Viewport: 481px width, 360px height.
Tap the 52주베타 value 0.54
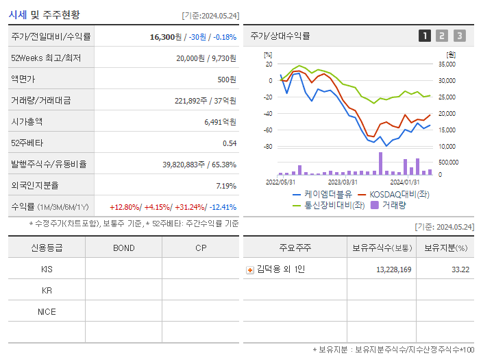[229, 143]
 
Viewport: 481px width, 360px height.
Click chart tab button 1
[425, 36]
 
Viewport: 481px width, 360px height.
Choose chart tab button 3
[459, 36]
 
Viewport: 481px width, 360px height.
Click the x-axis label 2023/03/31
[343, 182]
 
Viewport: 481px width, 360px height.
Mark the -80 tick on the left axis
[268, 147]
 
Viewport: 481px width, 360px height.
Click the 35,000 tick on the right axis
[446, 64]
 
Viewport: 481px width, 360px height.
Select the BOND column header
[123, 248]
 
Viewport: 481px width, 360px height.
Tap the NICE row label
[47, 311]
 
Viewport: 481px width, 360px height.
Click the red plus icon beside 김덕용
[250, 269]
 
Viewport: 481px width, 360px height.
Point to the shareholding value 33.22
[460, 269]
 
